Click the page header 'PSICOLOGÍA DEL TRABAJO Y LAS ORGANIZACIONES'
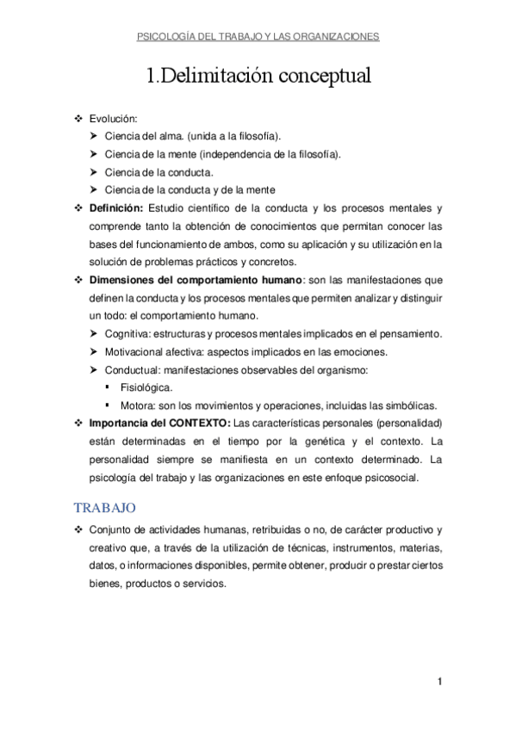(258, 37)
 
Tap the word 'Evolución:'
(114, 119)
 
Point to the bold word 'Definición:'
(115, 208)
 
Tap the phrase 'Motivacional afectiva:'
(159, 351)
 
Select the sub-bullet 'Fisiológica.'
(146, 387)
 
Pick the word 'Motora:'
(139, 405)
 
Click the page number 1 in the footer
(439, 683)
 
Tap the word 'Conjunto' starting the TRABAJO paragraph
(111, 529)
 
